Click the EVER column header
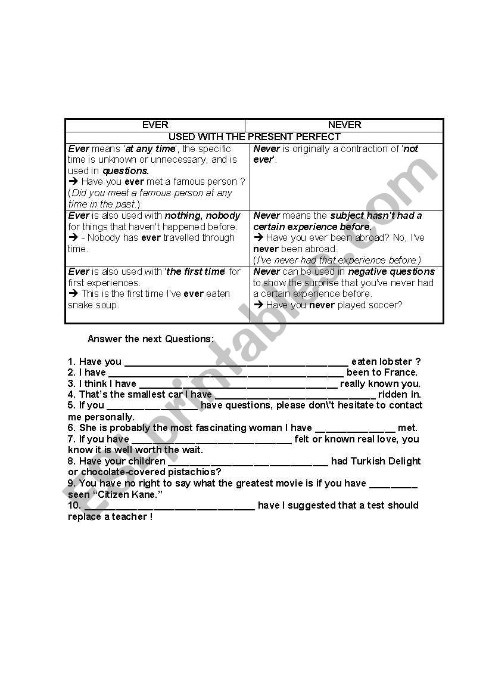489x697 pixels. pos(155,125)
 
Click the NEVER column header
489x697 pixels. pos(344,125)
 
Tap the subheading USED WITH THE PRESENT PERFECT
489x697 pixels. pos(254,137)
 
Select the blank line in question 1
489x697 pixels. pos(236,363)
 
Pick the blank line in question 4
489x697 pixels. pos(295,395)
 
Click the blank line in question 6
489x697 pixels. pos(354,429)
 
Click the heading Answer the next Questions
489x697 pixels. pos(150,339)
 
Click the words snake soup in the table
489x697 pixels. pos(94,305)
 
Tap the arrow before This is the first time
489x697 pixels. pos(73,294)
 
